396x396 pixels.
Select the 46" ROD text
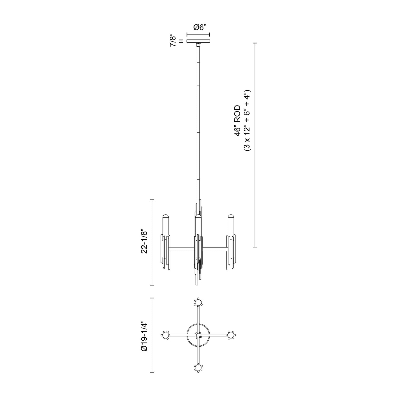click(x=238, y=121)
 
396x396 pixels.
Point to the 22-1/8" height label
click(x=144, y=241)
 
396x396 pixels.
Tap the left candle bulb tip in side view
click(x=166, y=216)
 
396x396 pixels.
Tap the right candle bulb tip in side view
click(x=230, y=216)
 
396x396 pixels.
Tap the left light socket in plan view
click(x=165, y=335)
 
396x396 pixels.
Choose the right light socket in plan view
click(x=230, y=335)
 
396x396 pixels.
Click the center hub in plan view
click(x=198, y=335)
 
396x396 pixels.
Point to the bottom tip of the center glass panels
click(x=196, y=285)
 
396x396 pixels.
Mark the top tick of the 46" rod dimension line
click(x=255, y=43)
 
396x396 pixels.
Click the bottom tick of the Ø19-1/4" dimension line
click(x=152, y=372)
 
